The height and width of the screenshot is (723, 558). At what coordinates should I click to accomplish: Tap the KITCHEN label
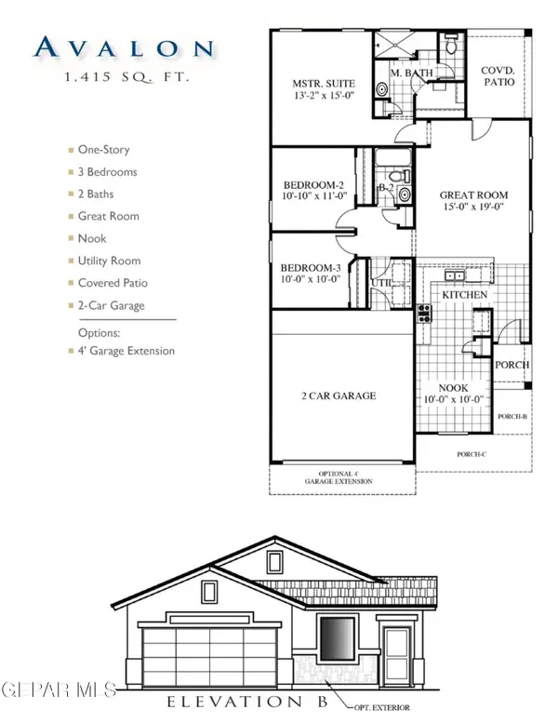[x=464, y=294]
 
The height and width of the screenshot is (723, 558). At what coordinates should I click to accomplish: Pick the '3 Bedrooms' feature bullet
[x=109, y=172]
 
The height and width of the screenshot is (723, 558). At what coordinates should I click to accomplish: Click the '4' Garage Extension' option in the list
[x=126, y=351]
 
